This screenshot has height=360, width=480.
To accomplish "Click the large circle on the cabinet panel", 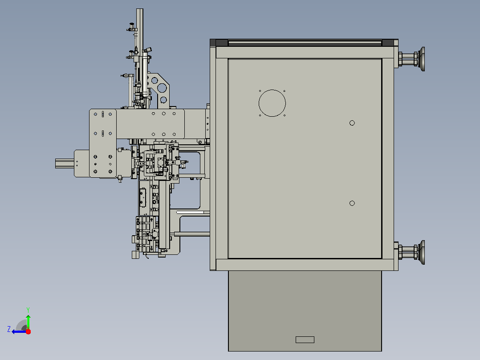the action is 272,90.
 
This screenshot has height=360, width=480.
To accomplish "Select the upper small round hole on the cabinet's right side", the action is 352,123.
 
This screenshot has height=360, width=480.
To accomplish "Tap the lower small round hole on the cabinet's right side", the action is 352,203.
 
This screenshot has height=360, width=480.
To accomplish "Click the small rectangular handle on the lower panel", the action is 305,340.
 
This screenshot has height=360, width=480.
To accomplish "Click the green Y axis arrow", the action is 28,322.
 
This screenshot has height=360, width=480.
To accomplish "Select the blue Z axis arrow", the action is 19,332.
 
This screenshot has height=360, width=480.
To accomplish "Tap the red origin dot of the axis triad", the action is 28,331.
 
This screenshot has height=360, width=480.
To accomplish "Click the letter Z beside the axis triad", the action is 9,329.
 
